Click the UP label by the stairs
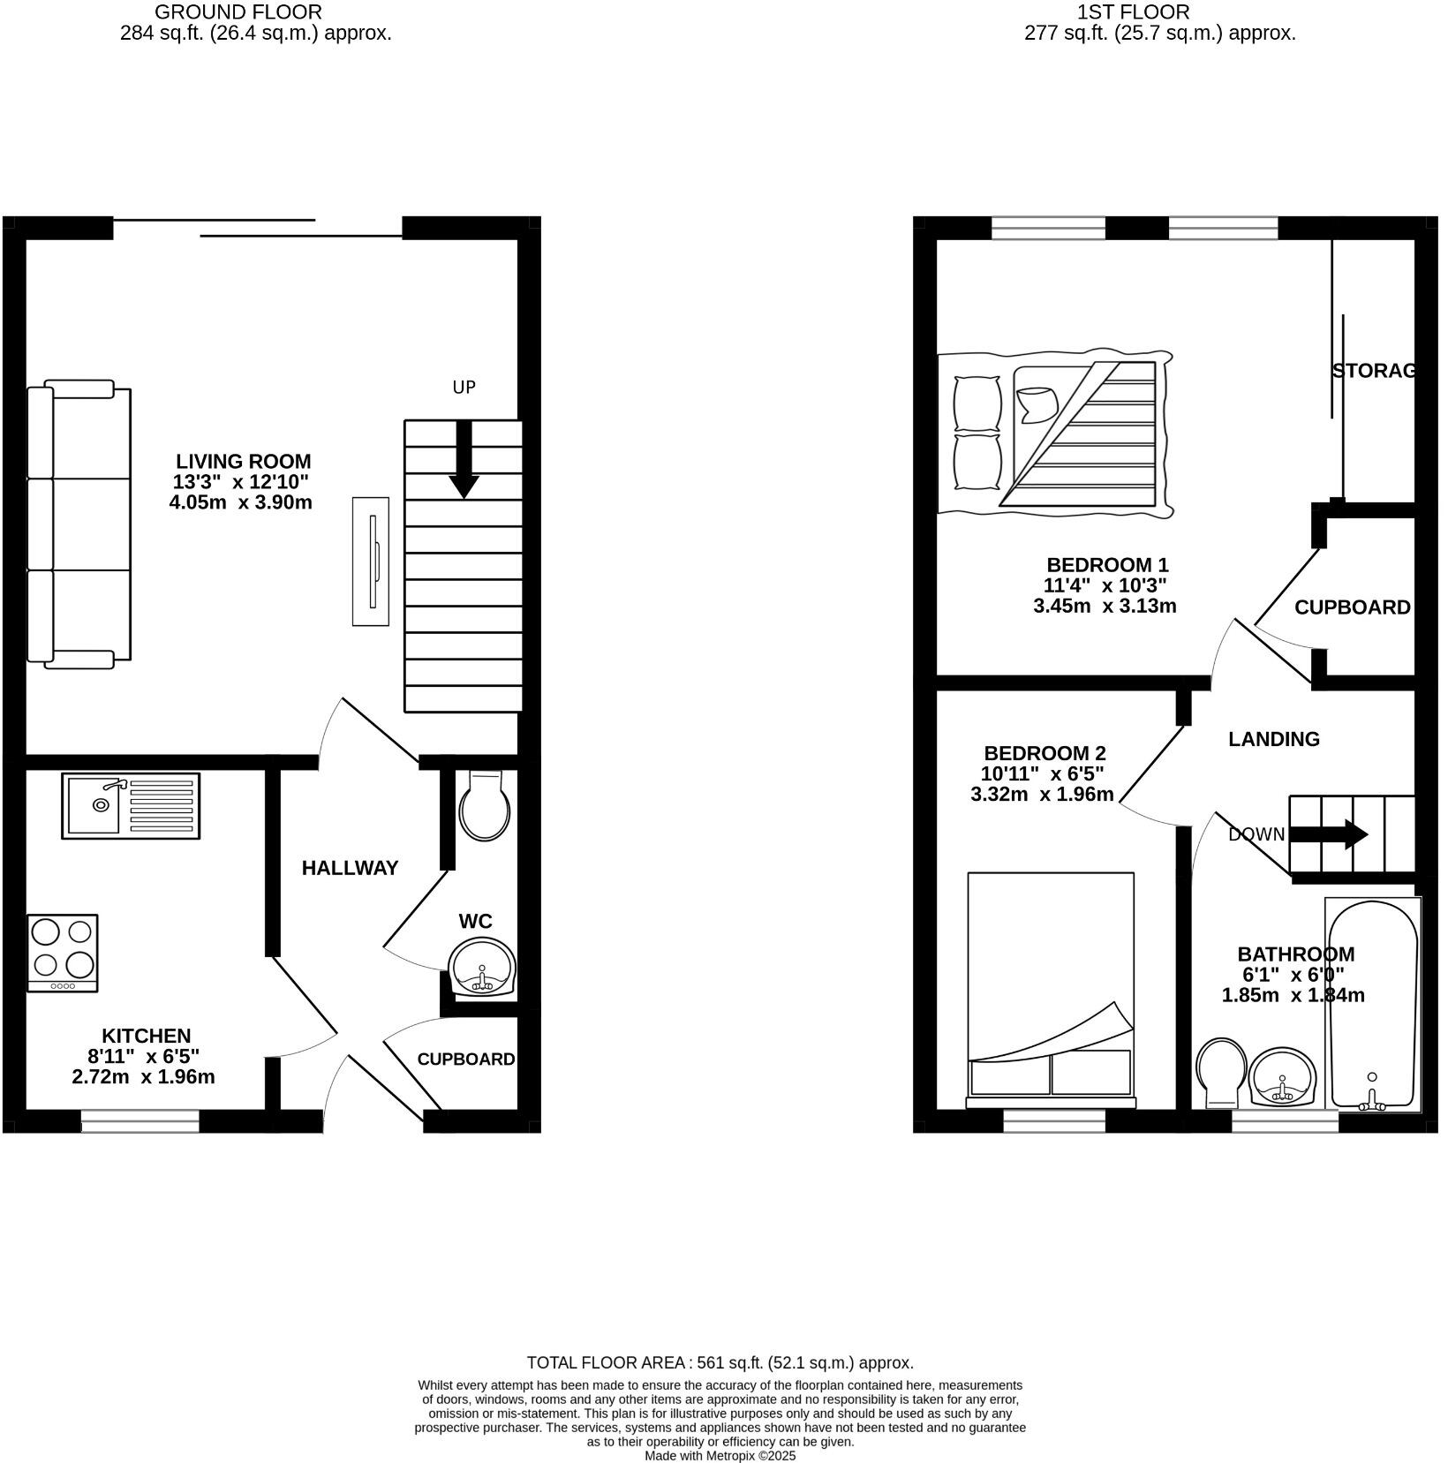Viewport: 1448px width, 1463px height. click(464, 388)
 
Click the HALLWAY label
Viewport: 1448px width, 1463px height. click(351, 868)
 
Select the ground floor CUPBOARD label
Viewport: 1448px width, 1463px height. click(465, 1059)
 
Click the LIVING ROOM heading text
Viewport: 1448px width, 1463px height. click(243, 461)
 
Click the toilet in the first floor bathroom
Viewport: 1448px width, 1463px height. click(1219, 1072)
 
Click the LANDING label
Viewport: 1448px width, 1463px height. click(1273, 739)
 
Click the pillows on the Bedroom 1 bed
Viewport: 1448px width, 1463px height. click(977, 431)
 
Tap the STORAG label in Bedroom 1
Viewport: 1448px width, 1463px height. click(1373, 371)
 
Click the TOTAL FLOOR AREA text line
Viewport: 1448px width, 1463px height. click(720, 1362)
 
